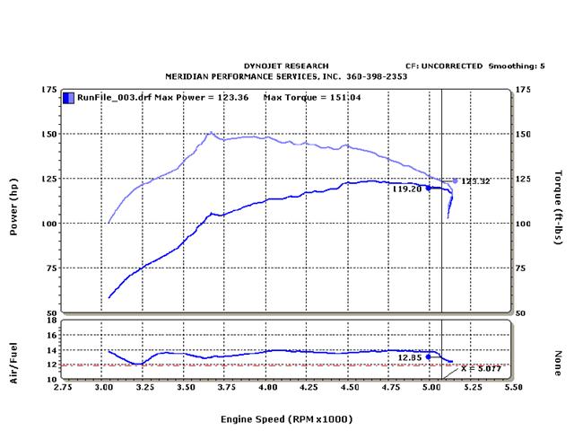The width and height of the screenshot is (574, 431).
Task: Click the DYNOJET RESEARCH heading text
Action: pyautogui.click(x=286, y=66)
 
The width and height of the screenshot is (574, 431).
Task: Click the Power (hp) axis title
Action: pyautogui.click(x=13, y=207)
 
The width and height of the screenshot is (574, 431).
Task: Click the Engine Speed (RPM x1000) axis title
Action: pyautogui.click(x=286, y=418)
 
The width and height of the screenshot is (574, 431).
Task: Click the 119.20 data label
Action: pyautogui.click(x=406, y=189)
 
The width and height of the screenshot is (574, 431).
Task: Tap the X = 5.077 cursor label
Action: pyautogui.click(x=476, y=368)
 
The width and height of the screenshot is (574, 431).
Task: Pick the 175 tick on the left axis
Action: pyautogui.click(x=50, y=90)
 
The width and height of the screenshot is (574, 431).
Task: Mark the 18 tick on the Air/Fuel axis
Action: pyautogui.click(x=53, y=320)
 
